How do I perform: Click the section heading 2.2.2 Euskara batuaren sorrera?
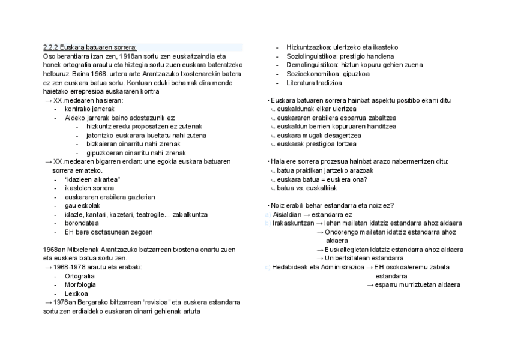pyautogui.click(x=90, y=47)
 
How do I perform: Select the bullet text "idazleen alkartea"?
pyautogui.click(x=92, y=179)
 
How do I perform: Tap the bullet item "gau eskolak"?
pyautogui.click(x=82, y=206)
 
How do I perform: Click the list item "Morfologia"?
pyautogui.click(x=80, y=284)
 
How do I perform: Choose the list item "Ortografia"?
pyautogui.click(x=80, y=276)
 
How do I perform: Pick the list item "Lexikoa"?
pyautogui.click(x=77, y=293)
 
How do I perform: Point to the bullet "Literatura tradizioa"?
pyautogui.click(x=315, y=83)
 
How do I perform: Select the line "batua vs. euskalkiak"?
pyautogui.click(x=307, y=188)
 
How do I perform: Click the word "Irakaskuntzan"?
pyautogui.click(x=293, y=223)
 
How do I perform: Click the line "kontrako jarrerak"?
pyautogui.click(x=89, y=109)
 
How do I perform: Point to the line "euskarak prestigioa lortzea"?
pyautogui.click(x=316, y=144)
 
